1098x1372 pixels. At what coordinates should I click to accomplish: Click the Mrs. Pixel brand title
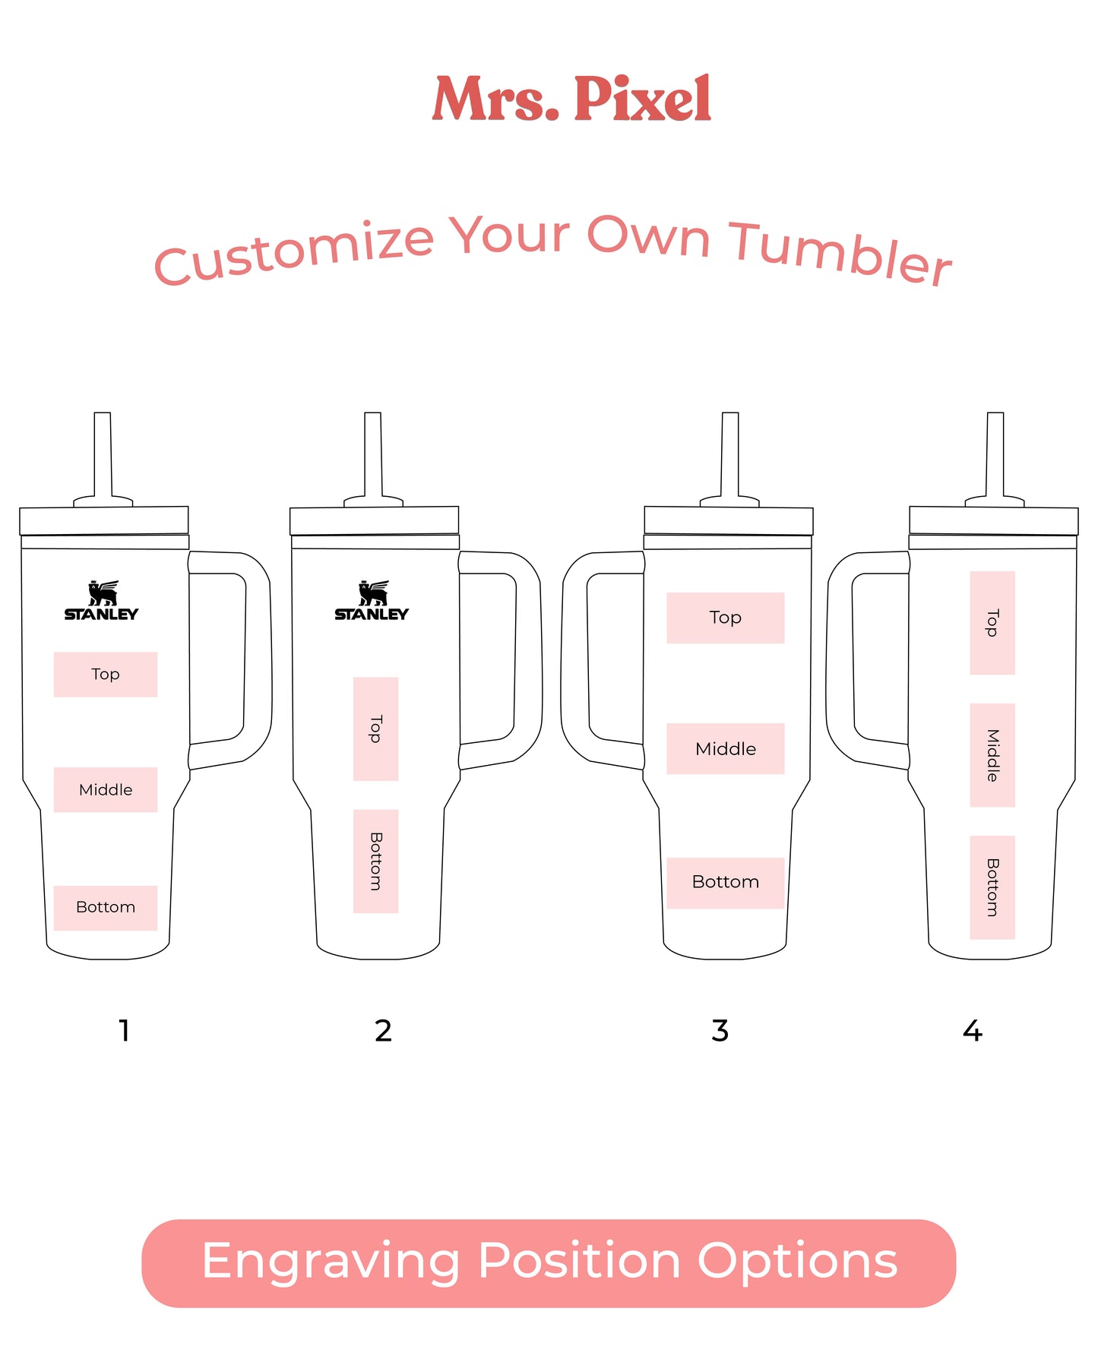tap(571, 99)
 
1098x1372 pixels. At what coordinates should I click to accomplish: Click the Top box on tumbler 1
tap(106, 674)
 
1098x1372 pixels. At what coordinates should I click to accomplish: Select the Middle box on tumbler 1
tap(106, 789)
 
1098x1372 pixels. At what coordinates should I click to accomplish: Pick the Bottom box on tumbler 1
tap(106, 908)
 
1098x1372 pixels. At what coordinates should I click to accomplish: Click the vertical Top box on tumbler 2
tap(375, 729)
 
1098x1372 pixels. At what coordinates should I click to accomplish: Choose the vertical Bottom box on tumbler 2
tap(375, 861)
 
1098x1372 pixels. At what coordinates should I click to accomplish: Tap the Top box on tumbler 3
tap(726, 618)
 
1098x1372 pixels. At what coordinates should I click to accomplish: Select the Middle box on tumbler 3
tap(726, 748)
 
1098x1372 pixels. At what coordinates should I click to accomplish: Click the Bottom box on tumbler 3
tap(726, 883)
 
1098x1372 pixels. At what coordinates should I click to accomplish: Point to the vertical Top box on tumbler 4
tap(992, 623)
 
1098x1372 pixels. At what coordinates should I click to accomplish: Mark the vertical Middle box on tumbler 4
tap(992, 755)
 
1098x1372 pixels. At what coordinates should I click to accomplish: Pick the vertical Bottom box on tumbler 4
tap(992, 887)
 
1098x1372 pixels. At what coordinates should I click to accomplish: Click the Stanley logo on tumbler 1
tap(101, 601)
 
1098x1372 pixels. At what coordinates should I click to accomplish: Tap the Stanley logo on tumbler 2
tap(372, 601)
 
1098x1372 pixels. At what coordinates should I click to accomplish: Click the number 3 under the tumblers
tap(720, 1031)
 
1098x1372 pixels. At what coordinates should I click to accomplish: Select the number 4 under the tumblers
tap(973, 1031)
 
